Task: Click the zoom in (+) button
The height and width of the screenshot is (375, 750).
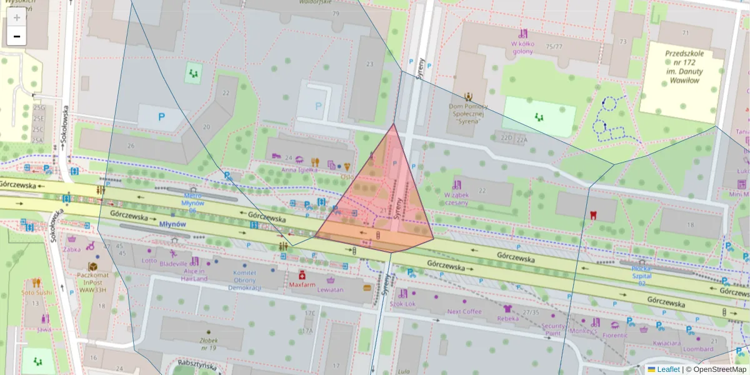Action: pyautogui.click(x=17, y=17)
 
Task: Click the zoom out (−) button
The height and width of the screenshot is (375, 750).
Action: pyautogui.click(x=17, y=36)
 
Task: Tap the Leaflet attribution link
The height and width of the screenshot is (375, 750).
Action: pyautogui.click(x=668, y=369)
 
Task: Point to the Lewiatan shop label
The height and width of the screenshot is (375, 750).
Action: pyautogui.click(x=331, y=290)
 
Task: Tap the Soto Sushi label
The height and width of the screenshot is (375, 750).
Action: pyautogui.click(x=36, y=292)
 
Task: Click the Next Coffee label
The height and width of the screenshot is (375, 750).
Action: pyautogui.click(x=464, y=311)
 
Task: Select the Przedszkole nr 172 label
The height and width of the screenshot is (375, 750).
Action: pyautogui.click(x=684, y=67)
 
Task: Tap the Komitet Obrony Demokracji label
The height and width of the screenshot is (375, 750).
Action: pyautogui.click(x=244, y=280)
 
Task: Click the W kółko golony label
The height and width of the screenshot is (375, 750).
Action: pyautogui.click(x=522, y=47)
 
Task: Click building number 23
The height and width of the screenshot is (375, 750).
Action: pyautogui.click(x=370, y=64)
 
